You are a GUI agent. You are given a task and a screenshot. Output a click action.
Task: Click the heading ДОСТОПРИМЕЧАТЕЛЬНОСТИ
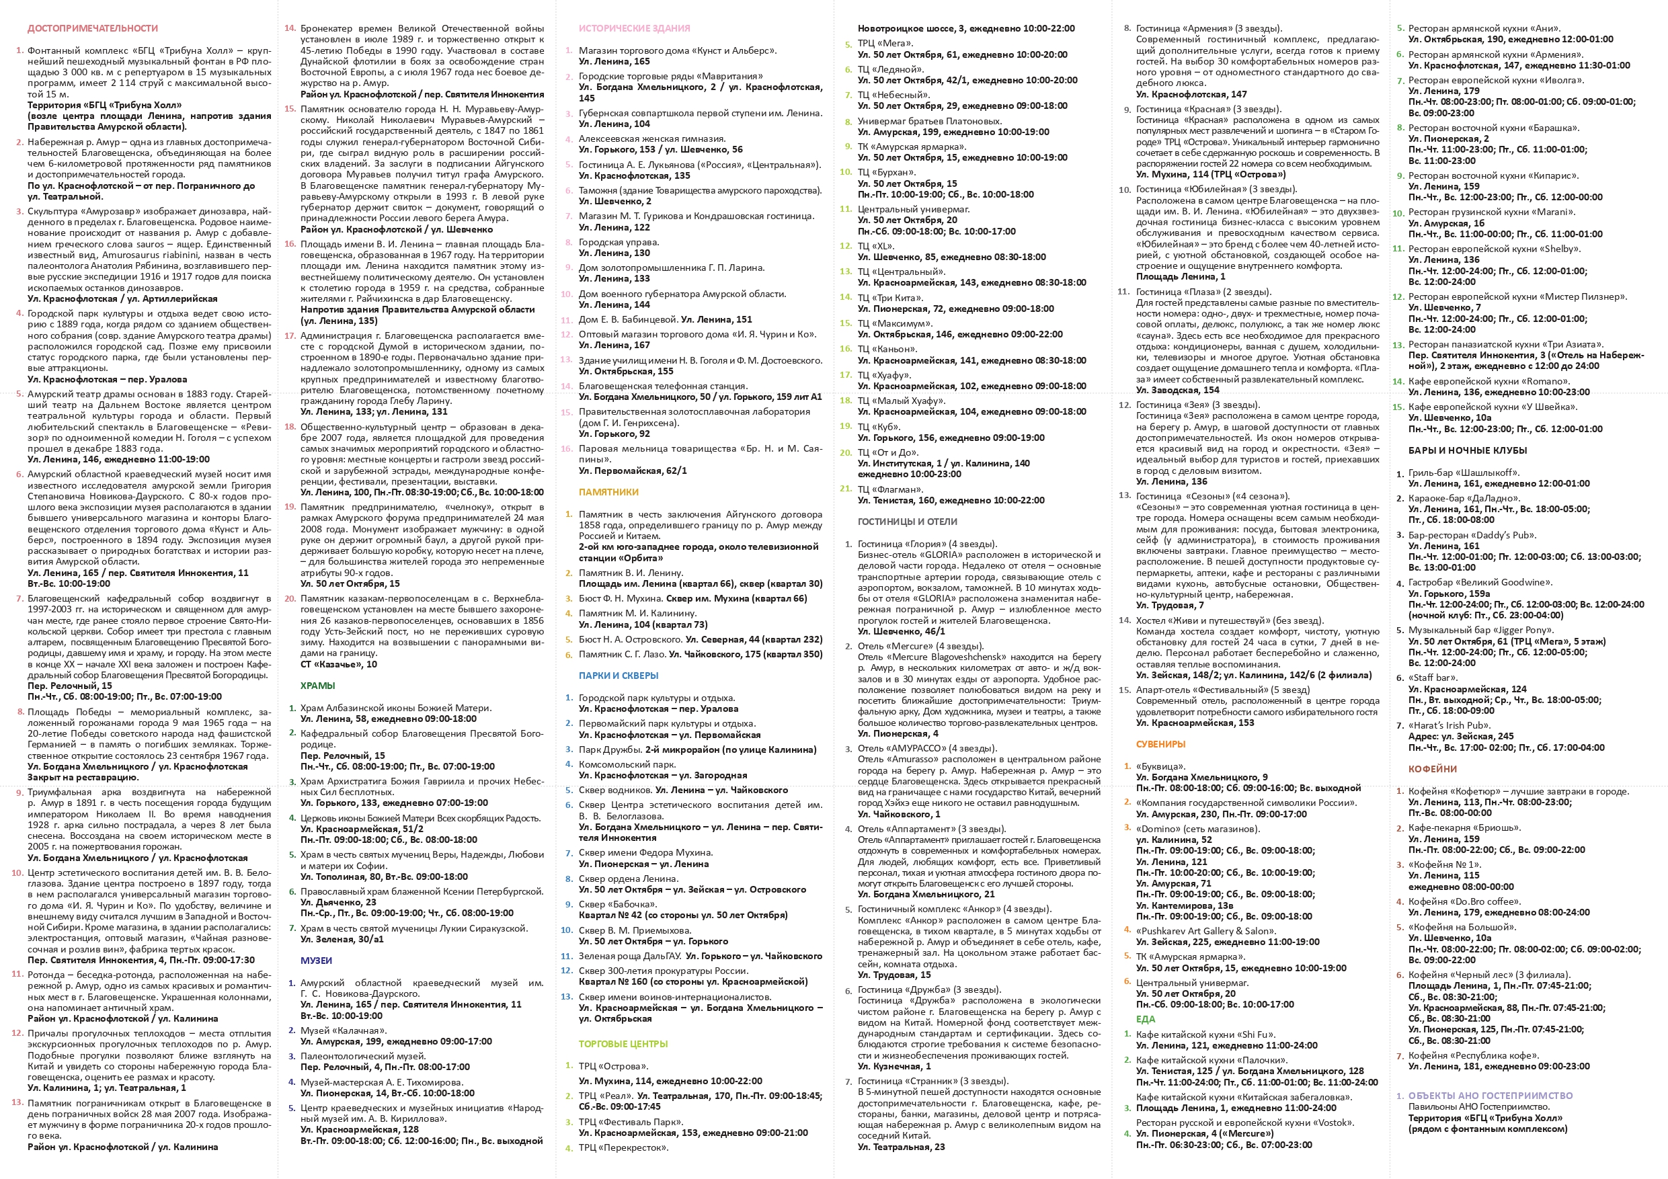point(92,28)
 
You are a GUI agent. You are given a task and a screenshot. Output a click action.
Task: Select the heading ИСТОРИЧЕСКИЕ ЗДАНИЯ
point(634,28)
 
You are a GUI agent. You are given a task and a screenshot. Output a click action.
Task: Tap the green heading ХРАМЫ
point(317,686)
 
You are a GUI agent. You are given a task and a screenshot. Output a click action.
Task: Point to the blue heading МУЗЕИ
point(316,961)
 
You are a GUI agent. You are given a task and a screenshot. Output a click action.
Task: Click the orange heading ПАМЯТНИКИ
point(608,492)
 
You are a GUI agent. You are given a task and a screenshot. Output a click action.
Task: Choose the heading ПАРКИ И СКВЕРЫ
point(619,676)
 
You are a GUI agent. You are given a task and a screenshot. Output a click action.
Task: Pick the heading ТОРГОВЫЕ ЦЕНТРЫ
point(623,1044)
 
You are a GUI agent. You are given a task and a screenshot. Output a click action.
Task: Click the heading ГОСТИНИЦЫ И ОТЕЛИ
point(907,522)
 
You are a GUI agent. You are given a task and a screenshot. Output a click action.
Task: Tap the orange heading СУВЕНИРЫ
point(1160,744)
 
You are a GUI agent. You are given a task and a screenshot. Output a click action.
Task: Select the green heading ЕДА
point(1145,1019)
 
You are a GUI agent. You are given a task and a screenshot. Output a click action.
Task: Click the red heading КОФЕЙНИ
point(1432,768)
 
